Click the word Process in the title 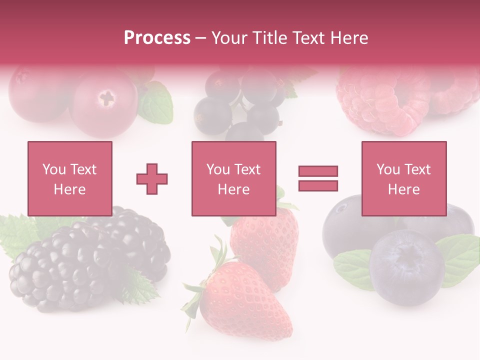click(157, 37)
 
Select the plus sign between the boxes click(152, 179)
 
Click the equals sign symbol click(318, 178)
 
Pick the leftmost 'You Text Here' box click(70, 178)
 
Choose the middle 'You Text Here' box click(233, 178)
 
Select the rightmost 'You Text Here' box click(403, 178)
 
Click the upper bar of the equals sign click(318, 171)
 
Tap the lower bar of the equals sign click(318, 185)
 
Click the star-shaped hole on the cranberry click(106, 97)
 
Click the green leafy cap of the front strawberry click(205, 280)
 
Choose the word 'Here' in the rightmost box click(403, 189)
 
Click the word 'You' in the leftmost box click(54, 169)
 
